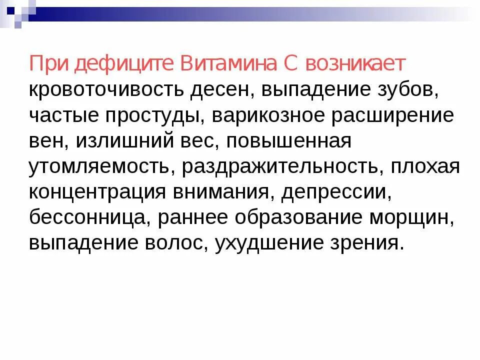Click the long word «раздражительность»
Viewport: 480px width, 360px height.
tap(280, 167)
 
